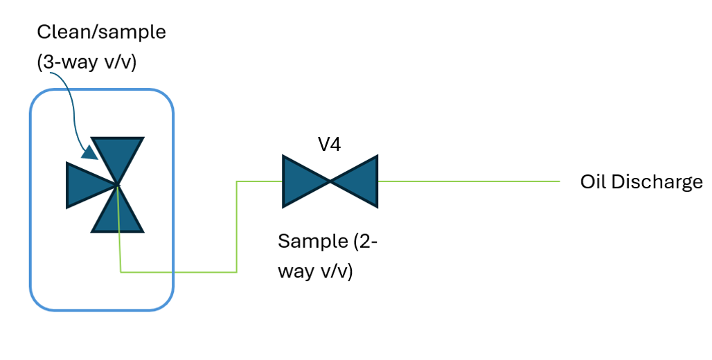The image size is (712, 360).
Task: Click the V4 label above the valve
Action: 330,145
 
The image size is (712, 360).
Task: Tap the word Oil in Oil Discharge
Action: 593,182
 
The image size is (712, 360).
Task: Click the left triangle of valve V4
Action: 302,181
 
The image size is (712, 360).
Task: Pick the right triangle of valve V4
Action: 359,181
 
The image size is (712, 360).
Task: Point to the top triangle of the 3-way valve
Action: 118,156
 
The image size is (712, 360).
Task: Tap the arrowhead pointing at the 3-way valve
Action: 90,152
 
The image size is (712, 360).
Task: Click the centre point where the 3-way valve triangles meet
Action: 117,185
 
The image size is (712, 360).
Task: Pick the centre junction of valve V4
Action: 330,181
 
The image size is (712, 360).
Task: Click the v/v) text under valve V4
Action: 337,271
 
